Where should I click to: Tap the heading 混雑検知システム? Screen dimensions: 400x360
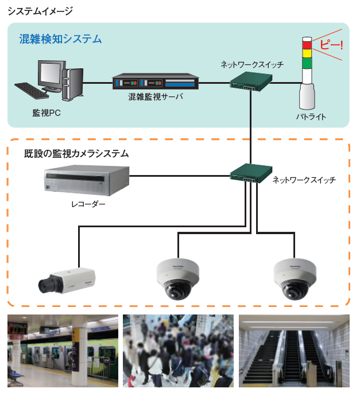(x=60, y=39)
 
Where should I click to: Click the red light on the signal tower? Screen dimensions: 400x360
(x=307, y=44)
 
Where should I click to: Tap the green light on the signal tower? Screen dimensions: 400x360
(x=307, y=61)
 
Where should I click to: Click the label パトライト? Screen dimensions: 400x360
(x=311, y=117)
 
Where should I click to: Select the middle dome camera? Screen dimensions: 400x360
(x=177, y=278)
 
